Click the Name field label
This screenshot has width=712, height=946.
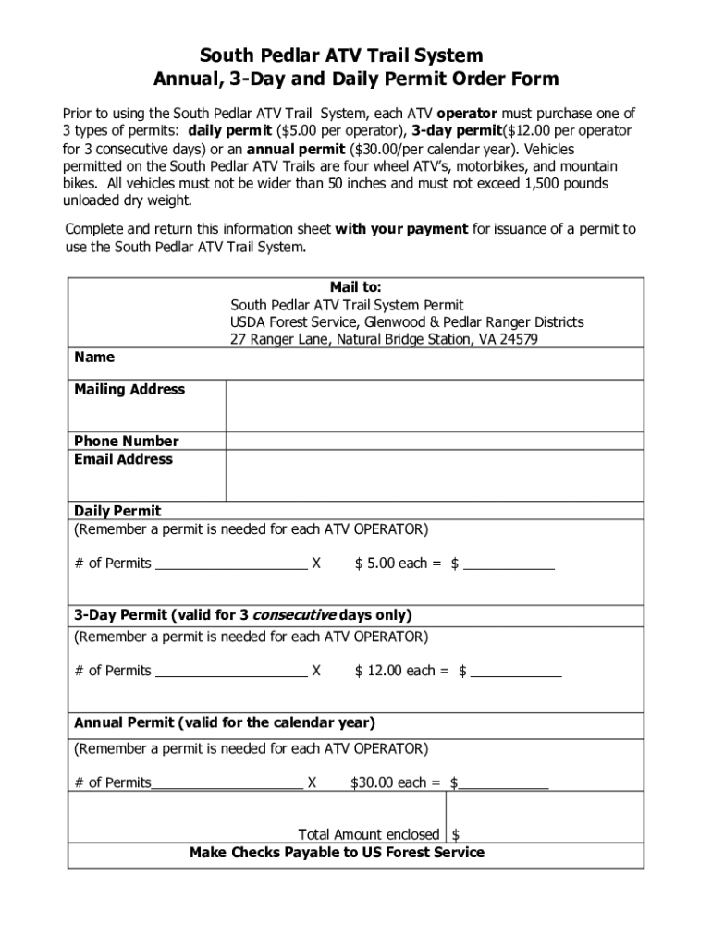pos(94,358)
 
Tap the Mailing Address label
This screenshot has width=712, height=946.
pos(129,390)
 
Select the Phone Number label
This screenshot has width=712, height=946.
pos(127,441)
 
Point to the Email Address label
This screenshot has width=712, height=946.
pos(123,459)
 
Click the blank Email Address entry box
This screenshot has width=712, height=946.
pos(435,475)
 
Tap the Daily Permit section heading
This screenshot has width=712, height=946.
pos(117,511)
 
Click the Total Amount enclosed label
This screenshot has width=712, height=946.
pos(369,834)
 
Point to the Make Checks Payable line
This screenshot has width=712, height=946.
pos(337,853)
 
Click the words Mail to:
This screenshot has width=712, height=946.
pos(356,287)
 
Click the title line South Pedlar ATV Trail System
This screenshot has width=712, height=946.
pos(355,55)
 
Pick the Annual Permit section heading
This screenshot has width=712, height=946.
pos(225,722)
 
